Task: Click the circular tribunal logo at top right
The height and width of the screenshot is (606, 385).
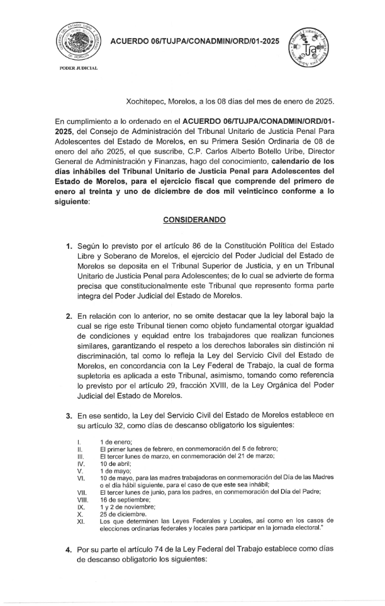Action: coord(307,47)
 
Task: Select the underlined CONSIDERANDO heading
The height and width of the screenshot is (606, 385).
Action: coord(192,221)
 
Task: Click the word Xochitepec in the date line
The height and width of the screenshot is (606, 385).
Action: coord(147,101)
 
